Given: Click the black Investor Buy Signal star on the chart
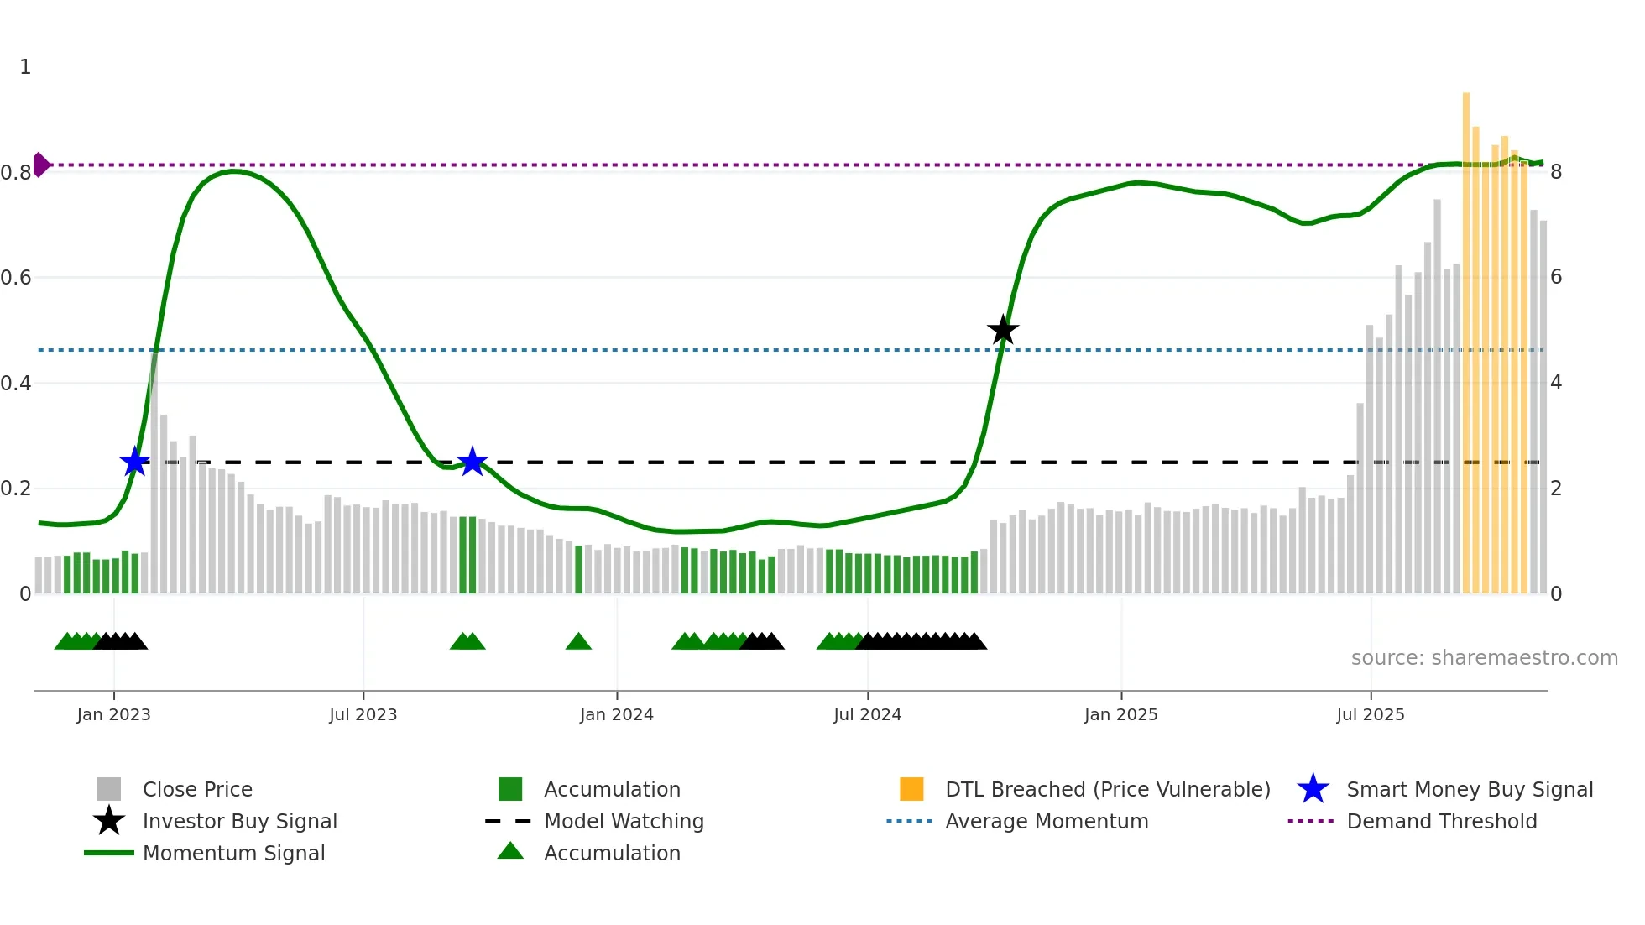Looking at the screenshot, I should tap(1003, 330).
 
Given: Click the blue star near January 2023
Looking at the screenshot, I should tap(134, 462).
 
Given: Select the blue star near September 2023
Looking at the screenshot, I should tap(473, 461).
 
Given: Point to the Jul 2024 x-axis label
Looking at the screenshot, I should tap(867, 714).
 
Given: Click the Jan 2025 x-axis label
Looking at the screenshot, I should tap(1120, 714).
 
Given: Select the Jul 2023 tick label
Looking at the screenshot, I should tap(363, 714).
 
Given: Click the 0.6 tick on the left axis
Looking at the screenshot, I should tap(16, 278).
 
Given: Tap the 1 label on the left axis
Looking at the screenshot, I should tap(25, 67).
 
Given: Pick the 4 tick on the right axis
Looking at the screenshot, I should tap(1556, 383).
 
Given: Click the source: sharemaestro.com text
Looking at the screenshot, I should tap(1484, 658).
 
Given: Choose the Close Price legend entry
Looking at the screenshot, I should tap(197, 789).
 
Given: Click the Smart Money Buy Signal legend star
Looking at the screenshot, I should tap(1313, 789).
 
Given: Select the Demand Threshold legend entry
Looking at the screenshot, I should tap(1441, 821).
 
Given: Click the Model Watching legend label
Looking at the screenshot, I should tap(624, 821).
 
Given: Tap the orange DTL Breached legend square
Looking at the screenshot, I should tap(911, 789).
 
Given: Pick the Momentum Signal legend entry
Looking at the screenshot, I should tap(233, 853).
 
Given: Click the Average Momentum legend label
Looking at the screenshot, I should tap(1047, 821).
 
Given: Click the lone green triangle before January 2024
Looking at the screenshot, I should tap(578, 642).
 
